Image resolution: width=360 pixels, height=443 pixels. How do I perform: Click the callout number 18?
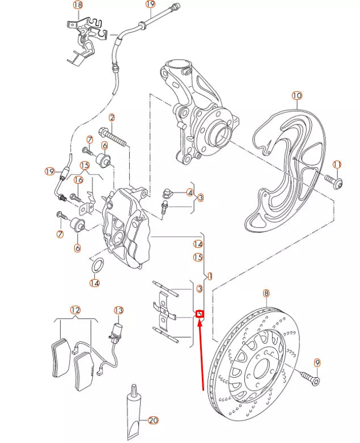pyautogui.click(x=78, y=5)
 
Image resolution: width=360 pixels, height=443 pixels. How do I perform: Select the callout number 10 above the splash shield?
pyautogui.click(x=297, y=95)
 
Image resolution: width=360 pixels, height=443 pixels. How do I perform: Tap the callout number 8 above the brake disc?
pyautogui.click(x=265, y=293)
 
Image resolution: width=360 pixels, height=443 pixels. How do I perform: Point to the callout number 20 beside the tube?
pyautogui.click(x=153, y=420)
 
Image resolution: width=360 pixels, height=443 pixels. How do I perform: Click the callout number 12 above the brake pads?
pyautogui.click(x=75, y=310)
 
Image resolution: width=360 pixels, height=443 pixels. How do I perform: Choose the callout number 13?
pyautogui.click(x=118, y=310)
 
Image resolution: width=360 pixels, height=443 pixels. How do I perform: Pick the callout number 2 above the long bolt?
pyautogui.click(x=112, y=118)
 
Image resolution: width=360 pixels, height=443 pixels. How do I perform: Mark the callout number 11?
pyautogui.click(x=337, y=165)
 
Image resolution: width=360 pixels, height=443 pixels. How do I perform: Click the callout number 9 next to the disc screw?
pyautogui.click(x=316, y=362)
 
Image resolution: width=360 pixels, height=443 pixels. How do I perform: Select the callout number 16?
pyautogui.click(x=78, y=180)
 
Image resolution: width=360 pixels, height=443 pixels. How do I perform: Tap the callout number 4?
pyautogui.click(x=190, y=193)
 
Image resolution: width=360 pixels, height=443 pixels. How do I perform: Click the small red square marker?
pyautogui.click(x=199, y=314)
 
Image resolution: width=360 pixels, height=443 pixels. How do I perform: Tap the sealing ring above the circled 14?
pyautogui.click(x=97, y=265)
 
